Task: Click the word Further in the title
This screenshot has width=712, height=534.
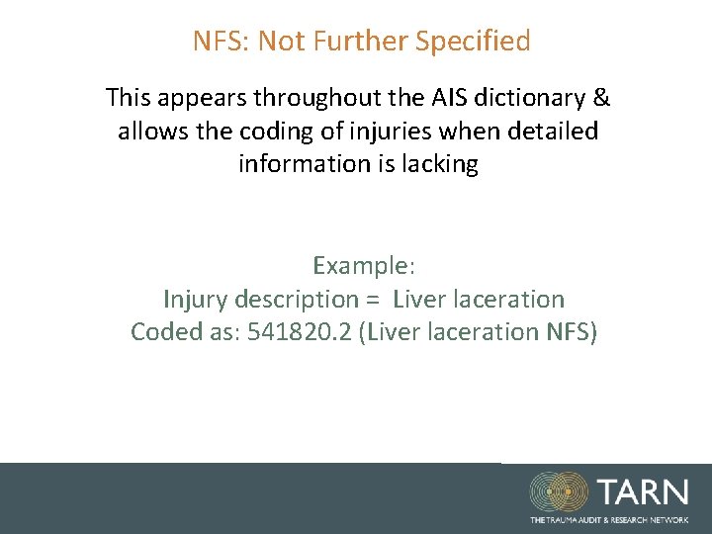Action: [x=361, y=42]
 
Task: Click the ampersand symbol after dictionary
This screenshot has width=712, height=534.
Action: [x=601, y=98]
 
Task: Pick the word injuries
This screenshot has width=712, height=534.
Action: [x=372, y=131]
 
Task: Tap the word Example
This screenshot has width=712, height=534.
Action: [x=362, y=265]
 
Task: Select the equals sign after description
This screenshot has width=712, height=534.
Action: [x=372, y=299]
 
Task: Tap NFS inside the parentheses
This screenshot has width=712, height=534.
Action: [x=570, y=331]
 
